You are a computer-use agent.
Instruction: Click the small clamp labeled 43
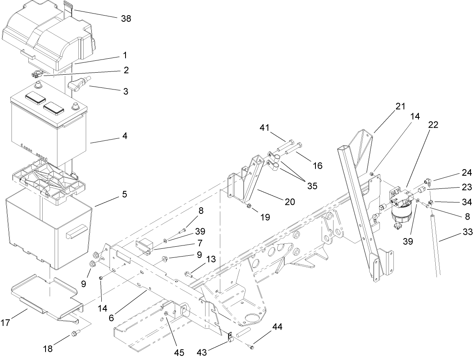tap(231, 337)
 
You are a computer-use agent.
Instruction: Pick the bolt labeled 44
tap(251, 347)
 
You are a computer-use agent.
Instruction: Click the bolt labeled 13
tap(189, 273)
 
